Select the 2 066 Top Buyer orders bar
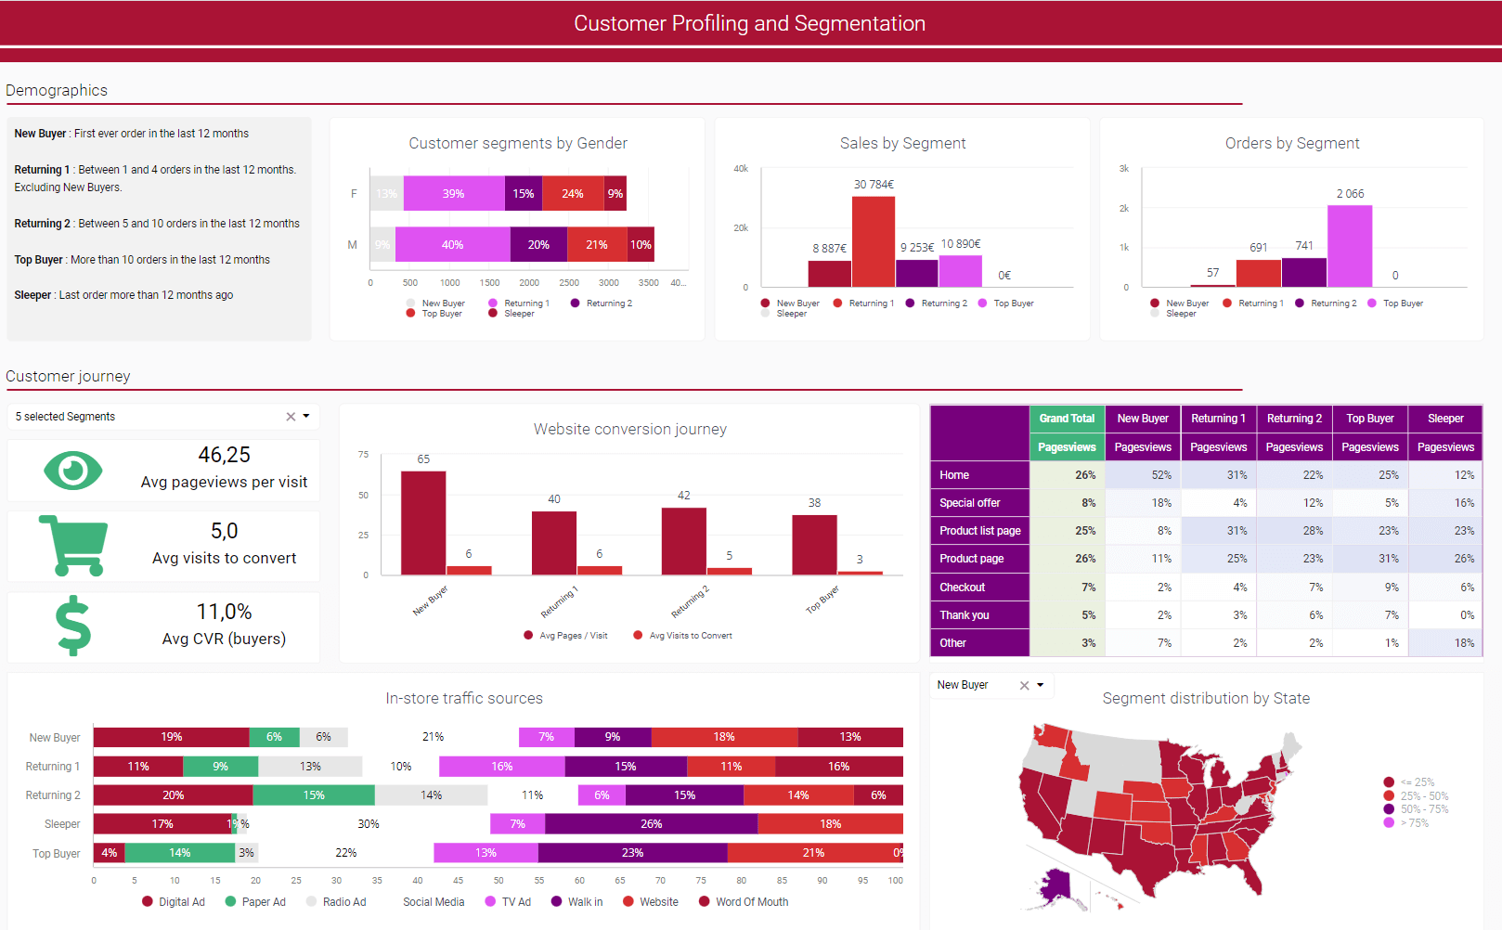(1349, 246)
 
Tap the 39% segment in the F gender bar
(453, 194)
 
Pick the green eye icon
(72, 471)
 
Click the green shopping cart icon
(73, 546)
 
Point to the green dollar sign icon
(73, 626)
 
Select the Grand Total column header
(1067, 419)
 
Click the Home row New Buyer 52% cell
(1143, 475)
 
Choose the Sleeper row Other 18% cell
(1445, 643)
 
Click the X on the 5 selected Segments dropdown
(291, 417)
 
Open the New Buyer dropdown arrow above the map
(1040, 685)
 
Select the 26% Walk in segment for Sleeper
(651, 824)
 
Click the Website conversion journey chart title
(629, 429)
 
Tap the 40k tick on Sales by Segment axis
(741, 169)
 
